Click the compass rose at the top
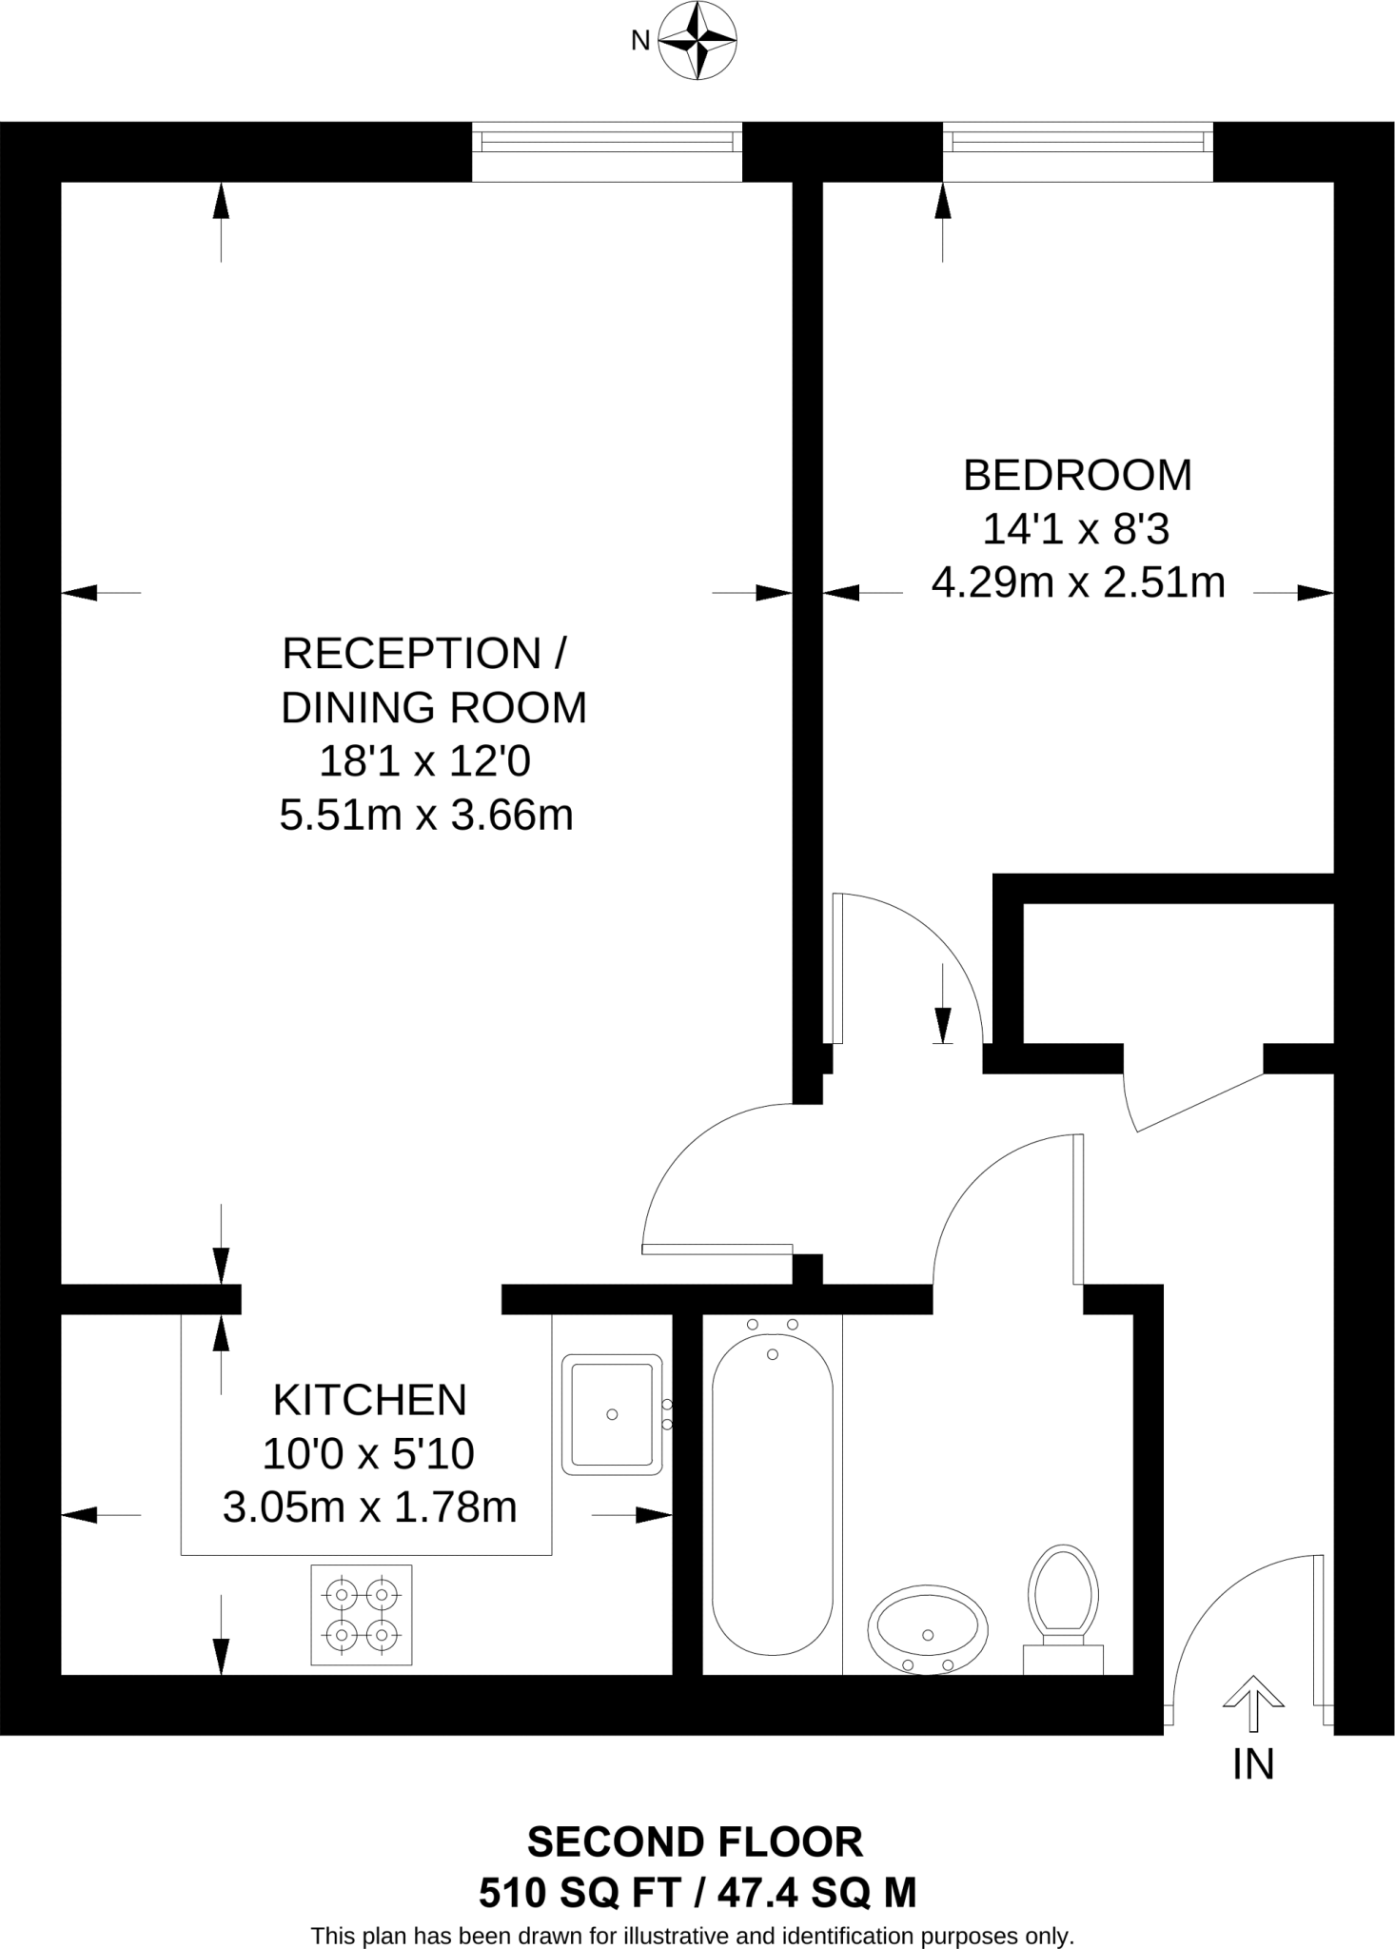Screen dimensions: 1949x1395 [x=697, y=40]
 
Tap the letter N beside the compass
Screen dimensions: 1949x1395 [x=640, y=41]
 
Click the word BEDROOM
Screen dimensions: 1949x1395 [x=1077, y=475]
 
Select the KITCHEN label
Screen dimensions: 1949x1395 [x=370, y=1400]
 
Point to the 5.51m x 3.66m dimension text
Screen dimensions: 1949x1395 [x=426, y=816]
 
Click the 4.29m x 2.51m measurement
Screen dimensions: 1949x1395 [x=1078, y=582]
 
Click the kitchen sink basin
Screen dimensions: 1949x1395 [x=612, y=1414]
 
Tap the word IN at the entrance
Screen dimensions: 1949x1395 [x=1253, y=1764]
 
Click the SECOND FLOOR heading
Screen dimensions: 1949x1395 [x=695, y=1843]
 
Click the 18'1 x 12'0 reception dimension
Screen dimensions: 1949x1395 [x=424, y=761]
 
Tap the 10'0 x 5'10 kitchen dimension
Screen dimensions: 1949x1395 [x=368, y=1453]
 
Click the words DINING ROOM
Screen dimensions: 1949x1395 [x=434, y=708]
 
